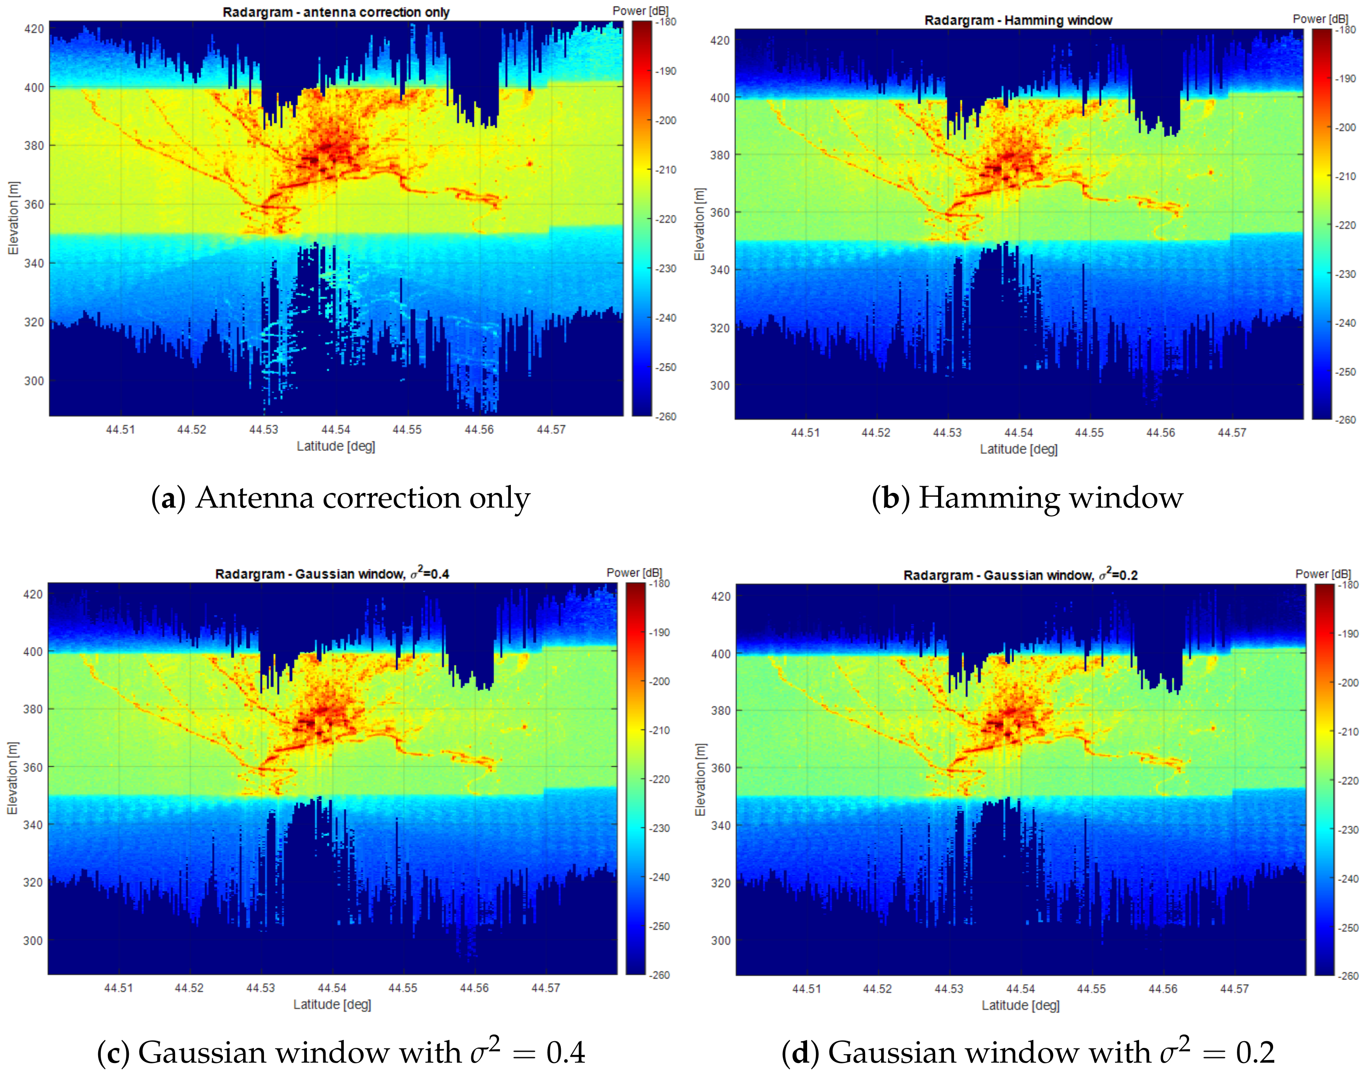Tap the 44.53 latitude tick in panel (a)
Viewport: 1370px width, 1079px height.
[264, 430]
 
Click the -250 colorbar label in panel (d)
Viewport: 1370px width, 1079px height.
[1349, 928]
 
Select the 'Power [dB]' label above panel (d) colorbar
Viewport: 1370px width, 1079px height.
[1323, 574]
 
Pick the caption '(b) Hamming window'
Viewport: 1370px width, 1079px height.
[1027, 498]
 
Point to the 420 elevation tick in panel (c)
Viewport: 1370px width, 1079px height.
[33, 594]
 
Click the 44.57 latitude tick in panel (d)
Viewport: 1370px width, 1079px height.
[1234, 989]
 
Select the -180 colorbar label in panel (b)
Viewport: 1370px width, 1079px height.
[1346, 30]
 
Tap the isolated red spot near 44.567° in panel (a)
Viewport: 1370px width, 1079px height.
[530, 164]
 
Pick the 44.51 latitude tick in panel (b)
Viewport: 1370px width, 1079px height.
[805, 433]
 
